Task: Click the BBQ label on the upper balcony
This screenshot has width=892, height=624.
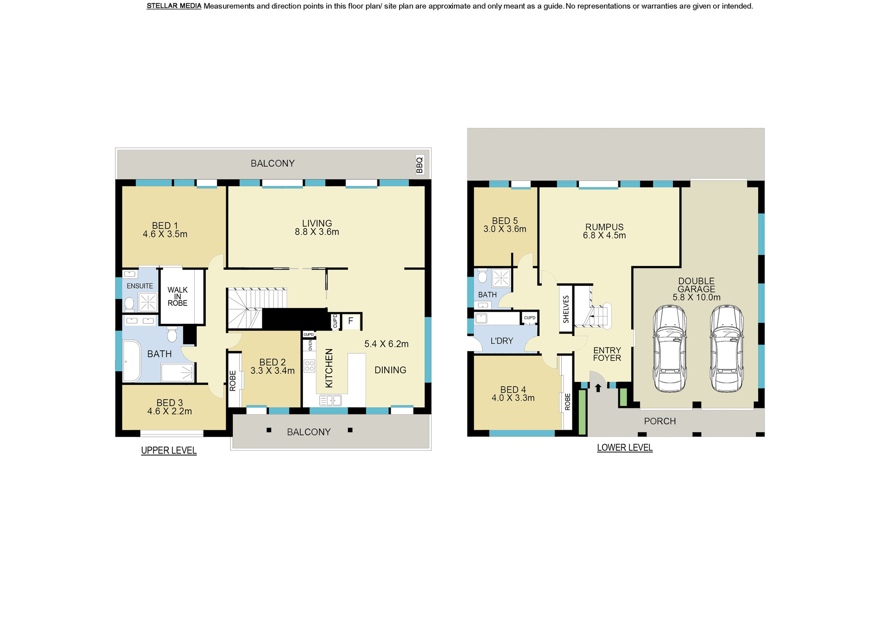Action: tap(420, 165)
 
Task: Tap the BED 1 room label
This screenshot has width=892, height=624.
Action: tap(165, 226)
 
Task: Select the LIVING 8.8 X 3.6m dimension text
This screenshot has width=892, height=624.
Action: tap(317, 232)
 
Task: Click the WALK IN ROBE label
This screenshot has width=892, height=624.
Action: tap(177, 296)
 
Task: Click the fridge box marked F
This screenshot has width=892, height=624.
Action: tap(351, 321)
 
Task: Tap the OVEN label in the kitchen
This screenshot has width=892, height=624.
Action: tap(310, 345)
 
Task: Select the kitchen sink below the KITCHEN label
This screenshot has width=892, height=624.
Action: tap(330, 400)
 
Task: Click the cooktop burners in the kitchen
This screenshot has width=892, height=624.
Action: tap(309, 366)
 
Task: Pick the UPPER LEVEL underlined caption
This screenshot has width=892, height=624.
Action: tap(169, 451)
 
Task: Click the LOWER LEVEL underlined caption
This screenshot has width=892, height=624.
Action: tap(625, 448)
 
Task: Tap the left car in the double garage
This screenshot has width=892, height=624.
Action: tap(669, 348)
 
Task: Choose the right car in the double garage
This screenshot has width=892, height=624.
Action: tap(727, 348)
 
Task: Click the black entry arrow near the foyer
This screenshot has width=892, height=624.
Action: tap(598, 388)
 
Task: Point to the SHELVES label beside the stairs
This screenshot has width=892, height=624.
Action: tap(566, 309)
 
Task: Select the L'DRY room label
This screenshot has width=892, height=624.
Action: tap(502, 341)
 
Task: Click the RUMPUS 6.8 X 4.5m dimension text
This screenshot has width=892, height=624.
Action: tap(604, 236)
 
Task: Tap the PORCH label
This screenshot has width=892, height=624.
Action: tap(660, 421)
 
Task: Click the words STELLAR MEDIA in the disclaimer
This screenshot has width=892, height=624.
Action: tap(174, 6)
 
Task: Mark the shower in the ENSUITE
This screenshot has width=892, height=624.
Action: tap(148, 302)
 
